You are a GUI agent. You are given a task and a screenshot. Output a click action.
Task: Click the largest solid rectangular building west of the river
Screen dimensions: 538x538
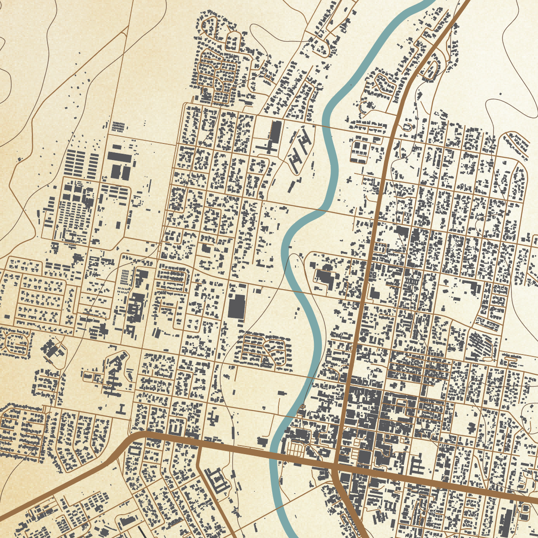[237, 306]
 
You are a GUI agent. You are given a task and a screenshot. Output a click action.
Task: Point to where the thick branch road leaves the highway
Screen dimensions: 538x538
[198, 445]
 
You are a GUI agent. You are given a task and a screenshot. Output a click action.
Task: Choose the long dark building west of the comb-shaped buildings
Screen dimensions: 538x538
[275, 131]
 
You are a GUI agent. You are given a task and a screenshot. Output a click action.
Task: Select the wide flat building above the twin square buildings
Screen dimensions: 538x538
[119, 157]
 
